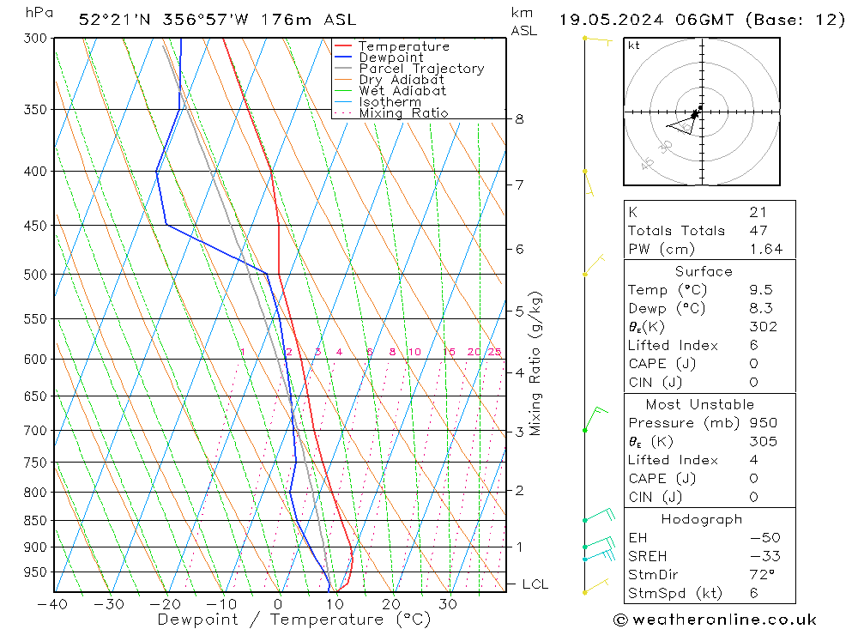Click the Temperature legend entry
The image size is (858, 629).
point(403,46)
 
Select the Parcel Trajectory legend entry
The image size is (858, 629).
point(420,69)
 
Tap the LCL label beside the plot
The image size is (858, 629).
point(535,584)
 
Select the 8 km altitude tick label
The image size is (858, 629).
point(519,119)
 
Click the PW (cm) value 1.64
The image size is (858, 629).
point(765,250)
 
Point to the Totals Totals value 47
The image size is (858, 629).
point(758,231)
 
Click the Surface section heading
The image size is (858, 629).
point(704,271)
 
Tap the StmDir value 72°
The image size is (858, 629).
point(762,575)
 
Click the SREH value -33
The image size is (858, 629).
point(764,556)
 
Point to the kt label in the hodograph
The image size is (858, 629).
point(633,45)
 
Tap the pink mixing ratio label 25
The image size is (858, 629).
point(494,352)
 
